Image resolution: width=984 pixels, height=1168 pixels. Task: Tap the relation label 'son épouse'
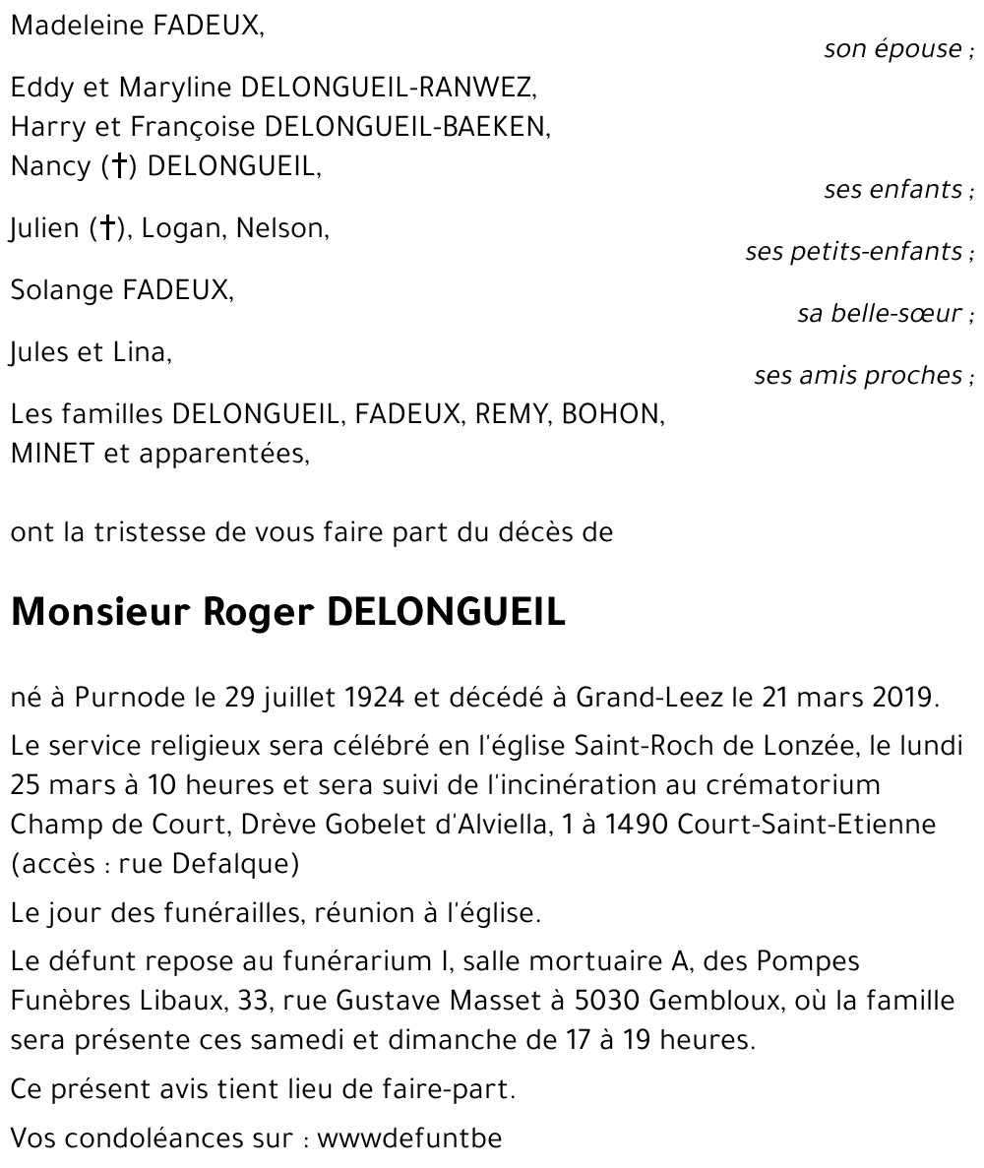(892, 49)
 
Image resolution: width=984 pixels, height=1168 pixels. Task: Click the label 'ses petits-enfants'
(853, 252)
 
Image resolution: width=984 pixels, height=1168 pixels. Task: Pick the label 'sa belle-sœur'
(880, 314)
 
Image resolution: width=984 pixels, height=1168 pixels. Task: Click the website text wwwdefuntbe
(409, 1139)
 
